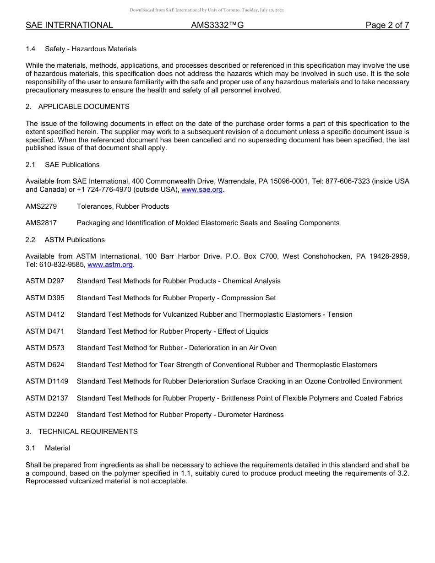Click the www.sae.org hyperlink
(202, 190)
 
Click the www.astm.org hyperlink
(110, 265)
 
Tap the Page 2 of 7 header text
(387, 25)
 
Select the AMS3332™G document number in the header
(217, 25)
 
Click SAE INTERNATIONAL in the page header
(69, 25)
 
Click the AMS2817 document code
(41, 223)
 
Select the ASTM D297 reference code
(45, 281)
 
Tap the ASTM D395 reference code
(45, 298)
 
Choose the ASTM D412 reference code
(45, 314)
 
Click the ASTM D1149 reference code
(47, 381)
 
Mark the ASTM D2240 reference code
(47, 415)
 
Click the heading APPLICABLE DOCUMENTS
(84, 107)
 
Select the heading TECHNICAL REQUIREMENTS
(88, 432)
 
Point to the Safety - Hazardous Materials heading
(91, 49)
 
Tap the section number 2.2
(30, 240)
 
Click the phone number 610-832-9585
(62, 265)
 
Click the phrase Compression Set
(249, 298)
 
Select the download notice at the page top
(207, 10)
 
